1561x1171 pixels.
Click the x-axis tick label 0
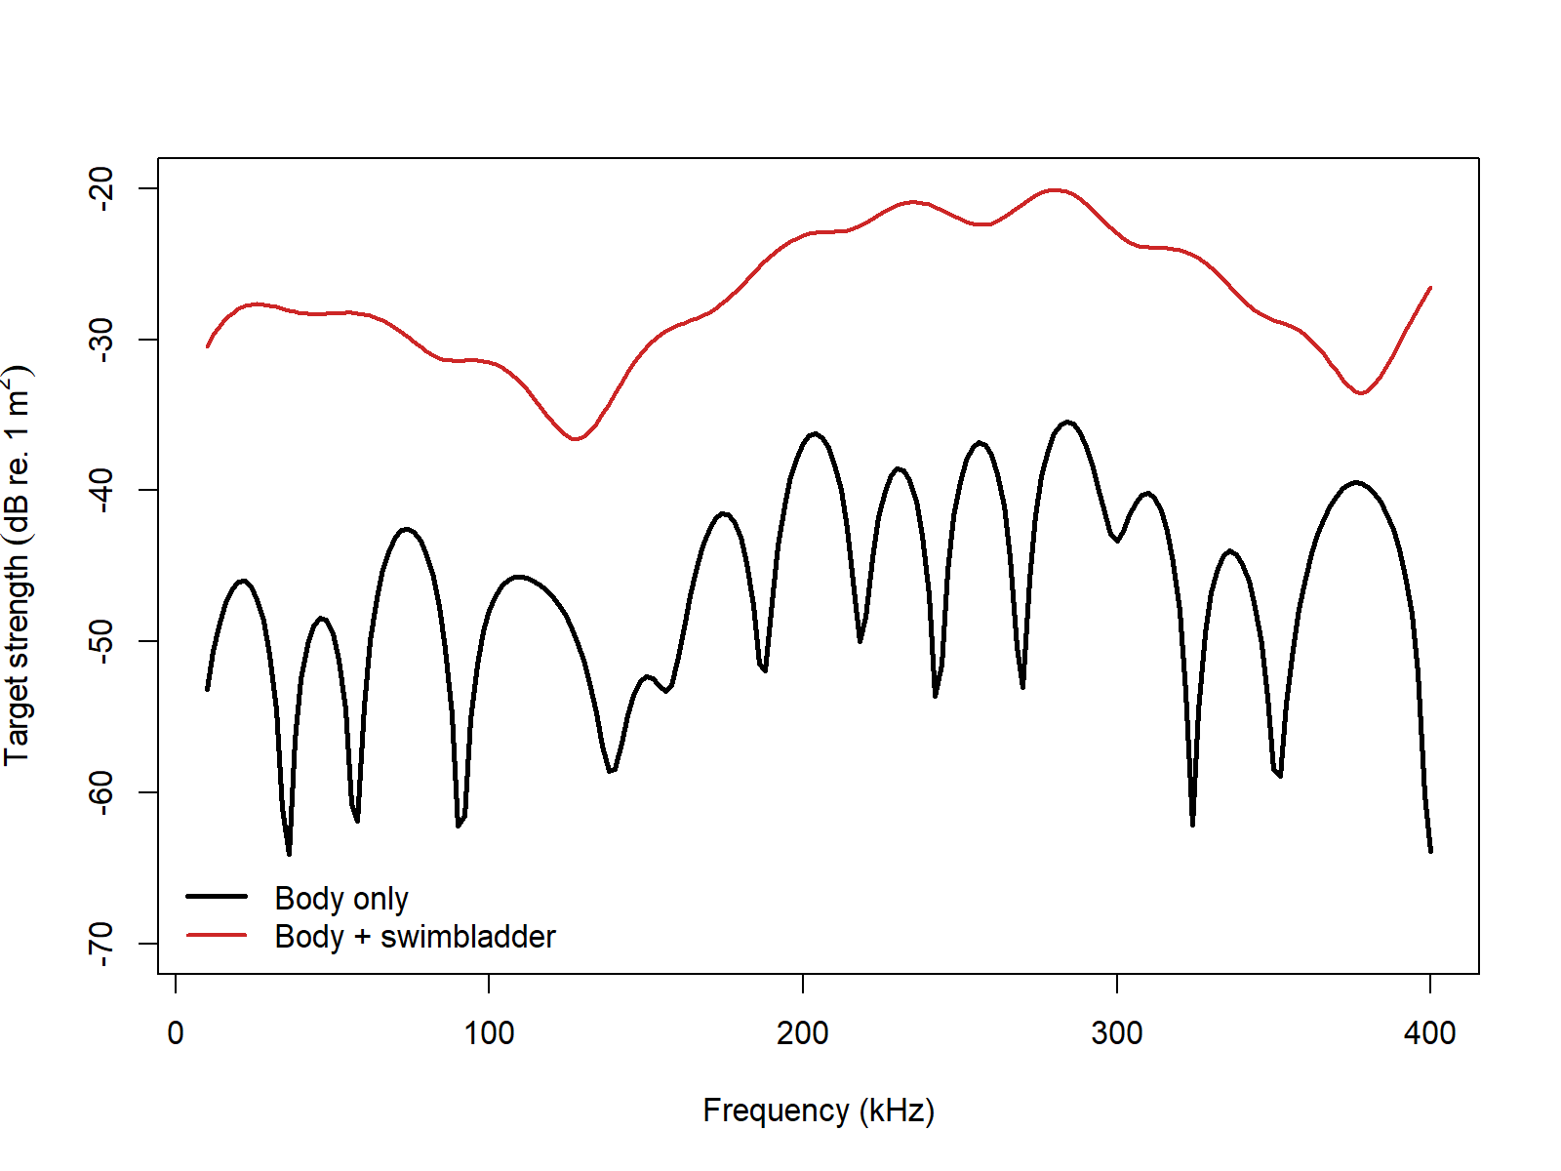point(176,1032)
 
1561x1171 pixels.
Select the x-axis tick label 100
point(489,1032)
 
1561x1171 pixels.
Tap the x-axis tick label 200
point(802,1032)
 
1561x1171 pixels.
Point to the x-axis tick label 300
point(1116,1032)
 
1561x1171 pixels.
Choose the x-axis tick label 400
point(1429,1032)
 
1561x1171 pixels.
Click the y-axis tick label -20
point(100,187)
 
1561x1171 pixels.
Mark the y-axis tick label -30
point(100,339)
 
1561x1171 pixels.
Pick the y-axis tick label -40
point(100,490)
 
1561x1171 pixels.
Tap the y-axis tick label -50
point(100,641)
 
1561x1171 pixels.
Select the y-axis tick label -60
point(100,791)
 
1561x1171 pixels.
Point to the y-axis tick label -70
point(100,943)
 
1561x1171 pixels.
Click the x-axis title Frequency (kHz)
point(819,1110)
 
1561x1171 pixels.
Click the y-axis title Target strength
point(18,566)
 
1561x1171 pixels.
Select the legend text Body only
point(341,898)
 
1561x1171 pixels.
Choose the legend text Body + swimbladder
point(415,937)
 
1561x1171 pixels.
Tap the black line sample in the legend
point(217,896)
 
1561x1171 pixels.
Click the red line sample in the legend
point(217,935)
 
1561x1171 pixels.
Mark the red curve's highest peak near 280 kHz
point(1055,190)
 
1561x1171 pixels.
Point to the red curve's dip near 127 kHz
point(575,439)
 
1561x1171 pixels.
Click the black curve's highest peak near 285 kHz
point(1068,423)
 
